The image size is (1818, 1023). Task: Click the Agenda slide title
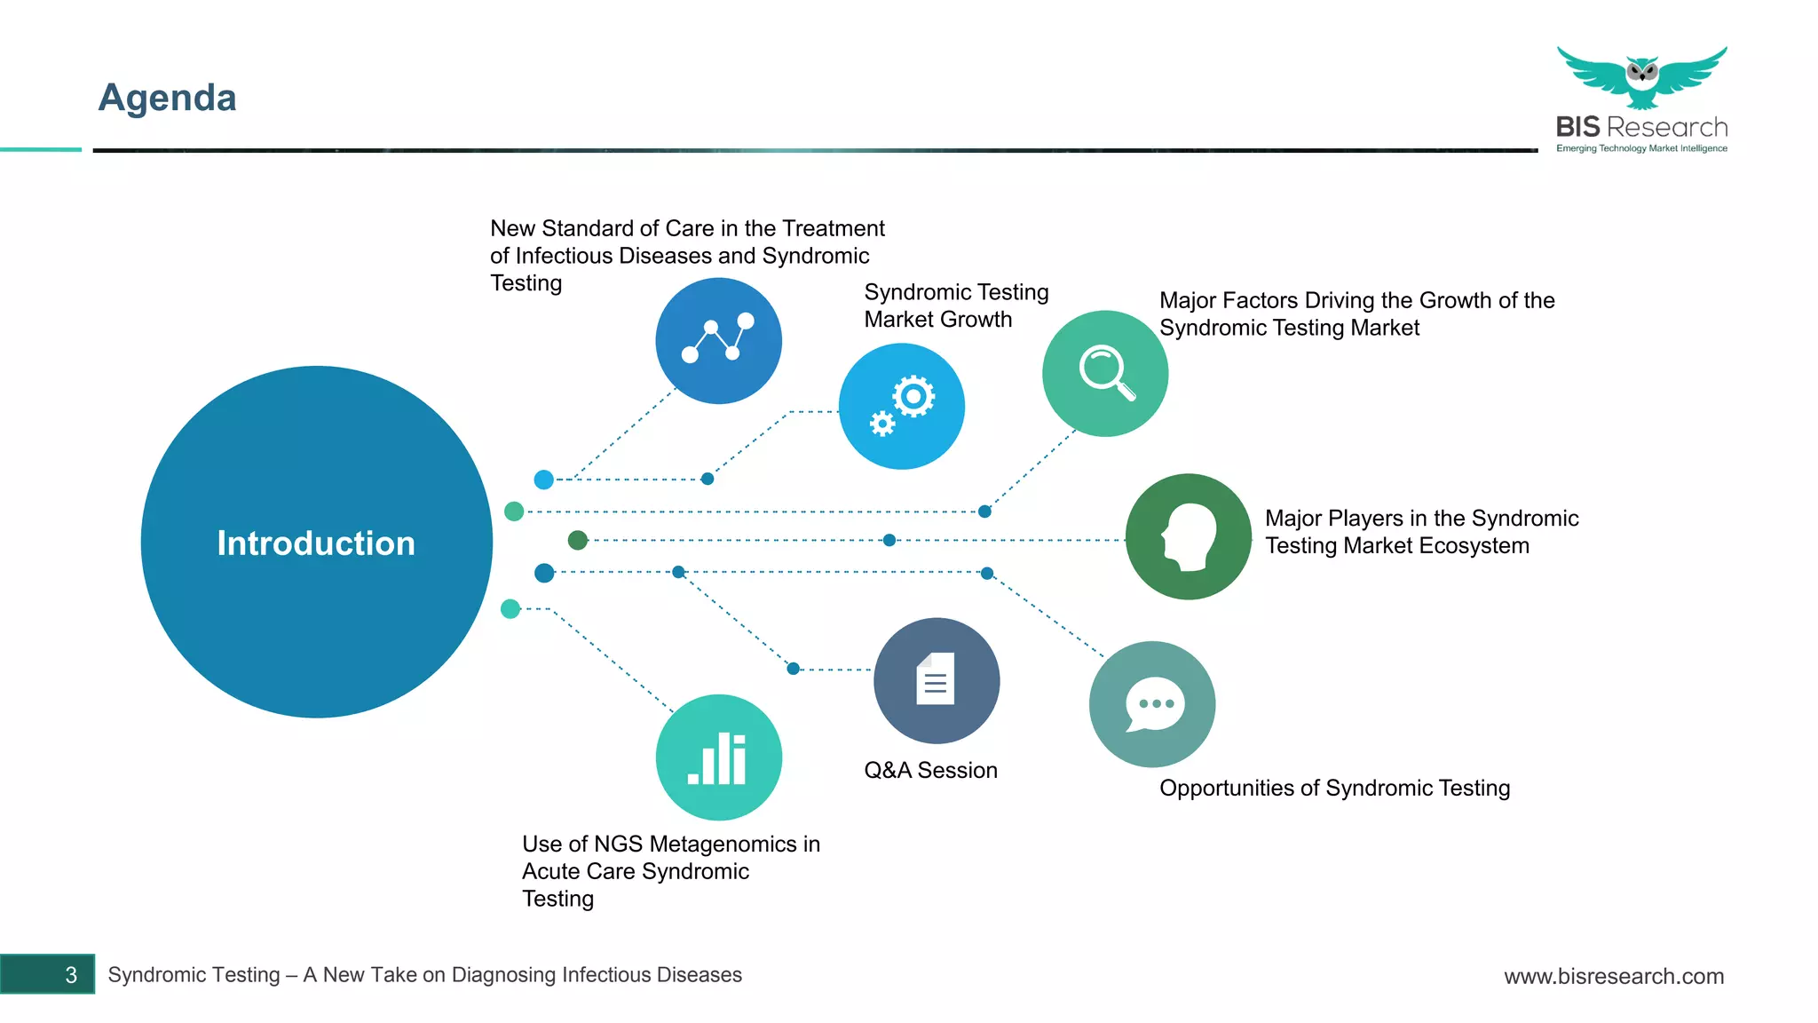[167, 98]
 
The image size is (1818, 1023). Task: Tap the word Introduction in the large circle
[316, 543]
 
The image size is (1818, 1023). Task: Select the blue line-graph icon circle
[718, 341]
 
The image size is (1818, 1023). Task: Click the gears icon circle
[901, 407]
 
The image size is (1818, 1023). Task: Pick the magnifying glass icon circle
[1105, 373]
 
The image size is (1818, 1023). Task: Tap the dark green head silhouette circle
[1188, 536]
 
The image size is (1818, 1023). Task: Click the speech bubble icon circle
[1152, 704]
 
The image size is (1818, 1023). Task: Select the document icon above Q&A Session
[936, 680]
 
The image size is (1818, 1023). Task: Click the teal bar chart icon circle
[718, 757]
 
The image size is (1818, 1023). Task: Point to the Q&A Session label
[930, 770]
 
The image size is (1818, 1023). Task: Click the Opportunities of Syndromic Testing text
[1334, 788]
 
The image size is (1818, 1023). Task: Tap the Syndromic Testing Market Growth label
[956, 305]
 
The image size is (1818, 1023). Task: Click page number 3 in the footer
[71, 975]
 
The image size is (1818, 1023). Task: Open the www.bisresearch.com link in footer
[1613, 976]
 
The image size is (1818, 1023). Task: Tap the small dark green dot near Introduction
[578, 540]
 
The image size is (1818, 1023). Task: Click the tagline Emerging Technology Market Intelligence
[1641, 148]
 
